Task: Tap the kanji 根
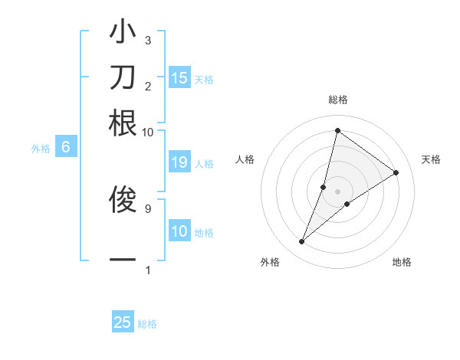(x=123, y=123)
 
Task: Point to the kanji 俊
(x=123, y=200)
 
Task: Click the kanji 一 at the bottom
(x=123, y=260)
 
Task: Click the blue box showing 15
(x=179, y=78)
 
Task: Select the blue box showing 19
(x=179, y=162)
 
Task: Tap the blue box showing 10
(x=179, y=231)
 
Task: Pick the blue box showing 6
(x=66, y=148)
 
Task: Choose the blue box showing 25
(x=123, y=322)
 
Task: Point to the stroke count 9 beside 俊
(x=148, y=208)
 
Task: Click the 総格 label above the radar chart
(x=337, y=100)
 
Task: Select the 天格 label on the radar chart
(x=431, y=159)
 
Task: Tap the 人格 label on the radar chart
(x=245, y=159)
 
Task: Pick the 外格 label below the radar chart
(x=270, y=263)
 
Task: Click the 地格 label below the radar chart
(x=402, y=263)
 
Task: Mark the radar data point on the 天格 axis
(x=396, y=172)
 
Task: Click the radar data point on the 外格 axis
(x=302, y=242)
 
